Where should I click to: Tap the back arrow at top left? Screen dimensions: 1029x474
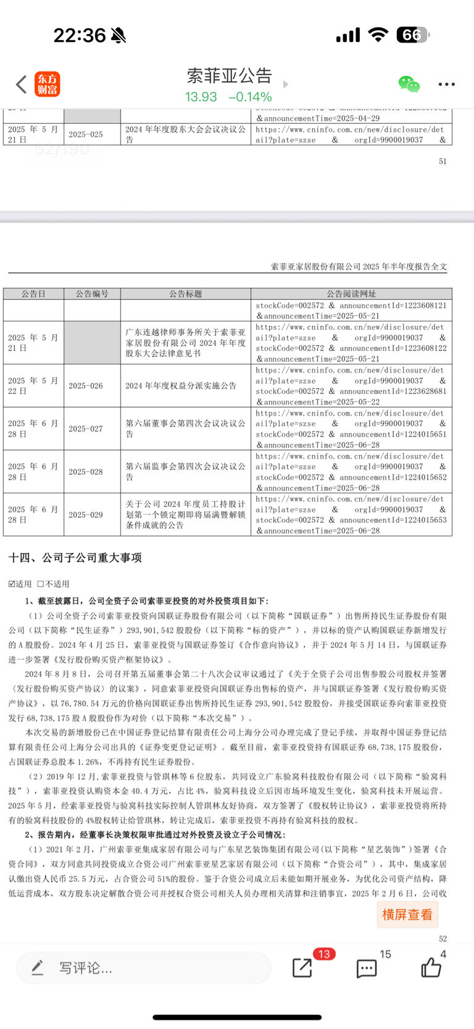click(22, 84)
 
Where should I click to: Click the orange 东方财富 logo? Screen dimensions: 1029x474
click(47, 84)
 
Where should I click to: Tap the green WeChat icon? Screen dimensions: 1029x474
click(409, 84)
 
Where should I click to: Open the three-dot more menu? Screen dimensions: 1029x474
click(446, 84)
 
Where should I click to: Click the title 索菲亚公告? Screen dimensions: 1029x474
click(229, 75)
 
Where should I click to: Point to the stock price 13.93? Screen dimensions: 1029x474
click(201, 97)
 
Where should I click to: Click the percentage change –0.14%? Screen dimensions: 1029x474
click(250, 97)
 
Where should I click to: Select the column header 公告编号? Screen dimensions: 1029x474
click(92, 294)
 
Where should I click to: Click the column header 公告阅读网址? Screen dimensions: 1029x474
click(351, 294)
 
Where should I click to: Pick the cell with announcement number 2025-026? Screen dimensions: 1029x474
click(86, 386)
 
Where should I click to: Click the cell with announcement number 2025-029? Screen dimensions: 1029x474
click(86, 515)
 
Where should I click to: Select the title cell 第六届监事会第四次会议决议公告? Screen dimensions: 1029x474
click(185, 472)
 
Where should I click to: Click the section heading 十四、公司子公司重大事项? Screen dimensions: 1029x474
click(75, 558)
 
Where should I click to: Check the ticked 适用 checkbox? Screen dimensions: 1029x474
click(12, 584)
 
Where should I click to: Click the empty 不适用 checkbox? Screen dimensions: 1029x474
click(41, 584)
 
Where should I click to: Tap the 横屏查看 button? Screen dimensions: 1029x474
click(407, 914)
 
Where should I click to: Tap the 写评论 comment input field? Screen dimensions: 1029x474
click(143, 968)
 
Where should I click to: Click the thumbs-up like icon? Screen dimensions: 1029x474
click(431, 968)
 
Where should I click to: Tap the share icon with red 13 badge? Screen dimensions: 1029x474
click(302, 967)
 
